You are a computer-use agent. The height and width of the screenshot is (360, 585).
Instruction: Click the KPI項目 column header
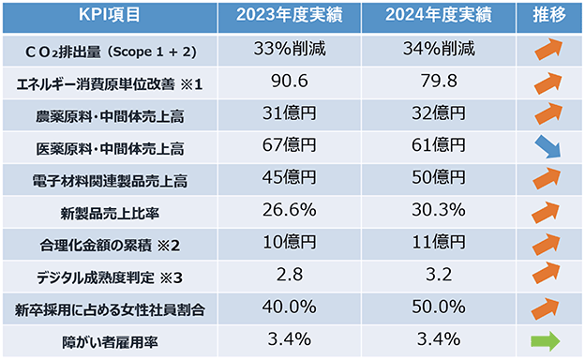point(110,15)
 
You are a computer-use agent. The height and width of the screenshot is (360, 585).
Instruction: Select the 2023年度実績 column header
point(289,15)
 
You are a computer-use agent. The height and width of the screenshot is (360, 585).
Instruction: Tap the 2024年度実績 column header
point(439,15)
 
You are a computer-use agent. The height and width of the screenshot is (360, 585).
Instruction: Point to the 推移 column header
point(548,15)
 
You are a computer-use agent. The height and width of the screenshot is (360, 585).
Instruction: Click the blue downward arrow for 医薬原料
point(547,146)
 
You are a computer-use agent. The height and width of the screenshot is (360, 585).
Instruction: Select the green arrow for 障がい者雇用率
point(545,341)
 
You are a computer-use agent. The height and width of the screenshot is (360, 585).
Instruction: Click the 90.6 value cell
point(290,81)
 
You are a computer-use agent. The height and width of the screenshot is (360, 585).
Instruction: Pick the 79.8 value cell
point(439,81)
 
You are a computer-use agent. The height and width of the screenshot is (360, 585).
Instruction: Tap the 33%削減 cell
point(290,49)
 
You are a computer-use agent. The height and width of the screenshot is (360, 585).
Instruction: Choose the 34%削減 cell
point(439,49)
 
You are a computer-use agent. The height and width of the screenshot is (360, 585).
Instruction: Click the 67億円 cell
point(289,145)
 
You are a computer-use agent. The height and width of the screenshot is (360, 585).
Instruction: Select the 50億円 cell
point(439,177)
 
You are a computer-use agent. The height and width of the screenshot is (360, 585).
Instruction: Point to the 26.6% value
point(289,210)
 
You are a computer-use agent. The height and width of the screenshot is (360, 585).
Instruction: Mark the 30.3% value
point(439,210)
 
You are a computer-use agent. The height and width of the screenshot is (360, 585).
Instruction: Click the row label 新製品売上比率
point(110,214)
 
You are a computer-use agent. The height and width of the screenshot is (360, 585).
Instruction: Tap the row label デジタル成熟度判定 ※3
point(110,277)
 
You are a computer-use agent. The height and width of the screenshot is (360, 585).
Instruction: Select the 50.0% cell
point(439,307)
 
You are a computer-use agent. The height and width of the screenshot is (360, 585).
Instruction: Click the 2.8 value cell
point(290,275)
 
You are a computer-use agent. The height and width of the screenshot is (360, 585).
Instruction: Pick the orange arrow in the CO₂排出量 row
point(548,49)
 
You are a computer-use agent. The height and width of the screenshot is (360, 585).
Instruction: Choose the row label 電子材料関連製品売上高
point(110,182)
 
